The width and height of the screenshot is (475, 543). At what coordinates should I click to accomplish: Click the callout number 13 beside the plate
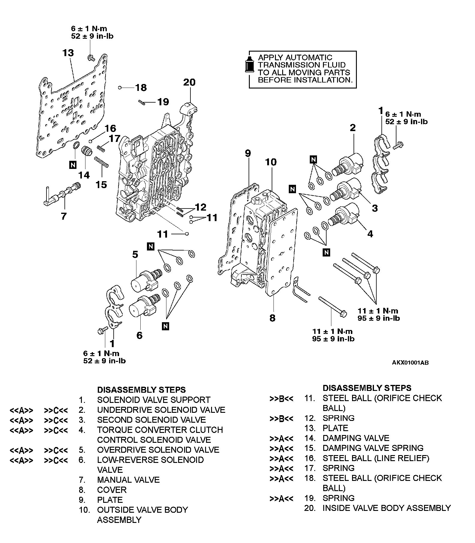pyautogui.click(x=68, y=53)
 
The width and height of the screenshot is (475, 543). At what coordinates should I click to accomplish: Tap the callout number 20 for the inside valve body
pyautogui.click(x=189, y=82)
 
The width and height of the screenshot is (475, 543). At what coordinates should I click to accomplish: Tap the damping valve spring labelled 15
pyautogui.click(x=101, y=162)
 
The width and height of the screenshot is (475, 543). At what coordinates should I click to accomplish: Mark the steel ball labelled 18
pyautogui.click(x=120, y=88)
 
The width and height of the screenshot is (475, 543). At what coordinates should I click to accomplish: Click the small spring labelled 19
pyautogui.click(x=142, y=103)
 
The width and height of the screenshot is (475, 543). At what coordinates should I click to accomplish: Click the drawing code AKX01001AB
pyautogui.click(x=410, y=363)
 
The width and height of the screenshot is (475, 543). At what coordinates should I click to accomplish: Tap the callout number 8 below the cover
pyautogui.click(x=272, y=318)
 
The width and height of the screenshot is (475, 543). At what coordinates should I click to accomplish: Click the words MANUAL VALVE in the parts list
pyautogui.click(x=128, y=480)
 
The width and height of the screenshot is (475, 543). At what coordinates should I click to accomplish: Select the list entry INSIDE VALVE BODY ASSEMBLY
pyautogui.click(x=387, y=508)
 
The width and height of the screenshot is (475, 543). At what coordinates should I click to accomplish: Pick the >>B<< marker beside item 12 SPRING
pyautogui.click(x=281, y=418)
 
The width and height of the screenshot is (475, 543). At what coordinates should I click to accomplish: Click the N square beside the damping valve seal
pyautogui.click(x=73, y=164)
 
